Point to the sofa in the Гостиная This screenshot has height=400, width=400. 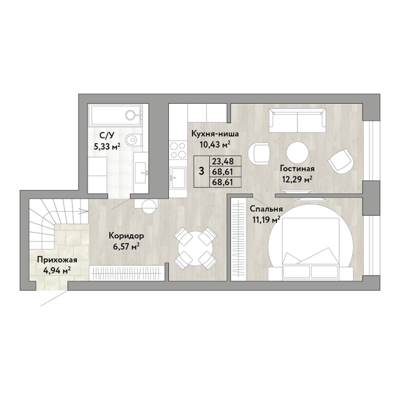pos(297,121)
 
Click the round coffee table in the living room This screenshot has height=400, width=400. pos(297,152)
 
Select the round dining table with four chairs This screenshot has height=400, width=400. pos(195,248)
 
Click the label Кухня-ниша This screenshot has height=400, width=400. pos(215,134)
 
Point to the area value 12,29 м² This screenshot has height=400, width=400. pos(297,180)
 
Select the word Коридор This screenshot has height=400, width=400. pos(126,236)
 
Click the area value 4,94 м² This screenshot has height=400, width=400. pos(57,271)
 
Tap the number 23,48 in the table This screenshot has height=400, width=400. pos(222,161)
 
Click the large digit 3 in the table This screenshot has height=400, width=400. pos(201,171)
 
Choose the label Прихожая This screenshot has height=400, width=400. pos(57,260)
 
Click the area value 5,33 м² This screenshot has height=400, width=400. pos(107,147)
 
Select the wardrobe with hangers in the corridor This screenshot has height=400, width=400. pos(127,274)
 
